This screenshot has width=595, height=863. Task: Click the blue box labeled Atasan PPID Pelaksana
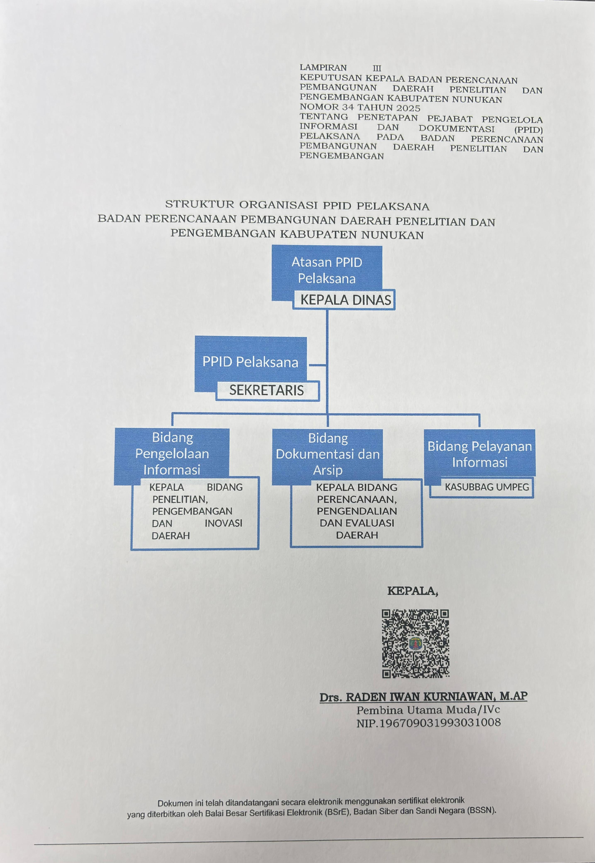(x=327, y=270)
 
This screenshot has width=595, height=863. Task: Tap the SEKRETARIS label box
(x=266, y=390)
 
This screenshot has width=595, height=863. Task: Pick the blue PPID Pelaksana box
(x=250, y=362)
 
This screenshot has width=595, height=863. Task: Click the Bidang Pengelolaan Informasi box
(x=172, y=453)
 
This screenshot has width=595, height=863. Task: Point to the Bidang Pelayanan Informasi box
(x=479, y=454)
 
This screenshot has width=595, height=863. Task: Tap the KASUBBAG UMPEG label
(x=487, y=487)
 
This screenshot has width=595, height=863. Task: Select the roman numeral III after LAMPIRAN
(x=377, y=68)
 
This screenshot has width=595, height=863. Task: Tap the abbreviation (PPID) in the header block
(x=528, y=130)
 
